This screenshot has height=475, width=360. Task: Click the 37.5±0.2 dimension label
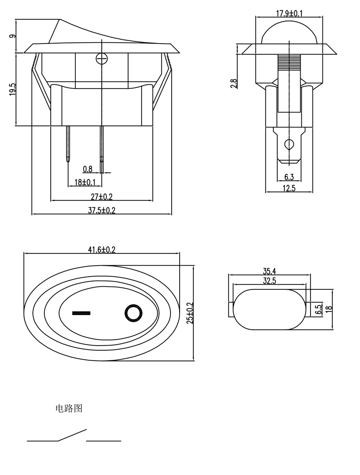pos(102,210)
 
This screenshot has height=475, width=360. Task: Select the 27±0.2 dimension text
pos(102,197)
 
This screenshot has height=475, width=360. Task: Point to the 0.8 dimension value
pos(87,169)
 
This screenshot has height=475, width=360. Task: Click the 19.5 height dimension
pos(13,89)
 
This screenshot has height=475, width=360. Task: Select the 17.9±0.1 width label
pos(289,13)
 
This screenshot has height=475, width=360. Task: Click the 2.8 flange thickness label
pos(233,84)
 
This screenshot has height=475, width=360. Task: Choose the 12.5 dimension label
pos(289,188)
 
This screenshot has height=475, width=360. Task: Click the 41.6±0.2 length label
pos(102,249)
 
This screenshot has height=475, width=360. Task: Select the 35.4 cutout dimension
pos(270,271)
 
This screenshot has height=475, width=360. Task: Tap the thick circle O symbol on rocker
pos(133,313)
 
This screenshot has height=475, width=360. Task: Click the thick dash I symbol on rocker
pos(81,313)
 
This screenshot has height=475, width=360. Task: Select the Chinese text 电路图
pos(69,408)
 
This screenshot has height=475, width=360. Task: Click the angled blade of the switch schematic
pos(72,435)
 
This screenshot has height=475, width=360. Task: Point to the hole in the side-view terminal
pos(289,144)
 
